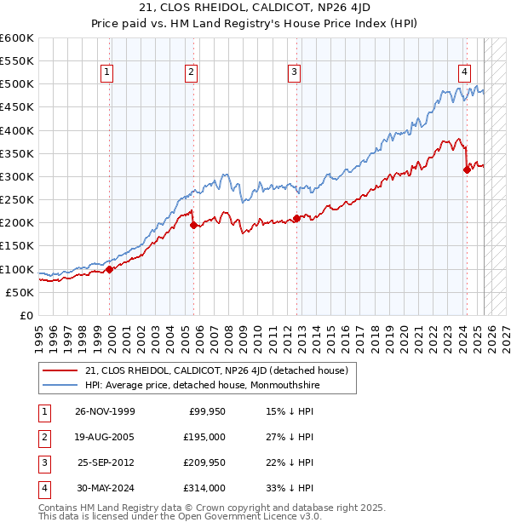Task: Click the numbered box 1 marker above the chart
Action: [106, 73]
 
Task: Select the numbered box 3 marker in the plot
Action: [293, 73]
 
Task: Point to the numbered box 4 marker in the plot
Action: [464, 73]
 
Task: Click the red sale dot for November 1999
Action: [110, 269]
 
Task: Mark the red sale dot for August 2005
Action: [193, 225]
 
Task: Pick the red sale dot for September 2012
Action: [296, 218]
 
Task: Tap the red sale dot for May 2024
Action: [467, 169]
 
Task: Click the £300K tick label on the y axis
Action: [16, 176]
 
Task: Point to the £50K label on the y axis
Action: [20, 292]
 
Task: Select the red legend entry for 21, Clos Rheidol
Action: [216, 370]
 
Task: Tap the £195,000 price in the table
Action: [205, 437]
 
